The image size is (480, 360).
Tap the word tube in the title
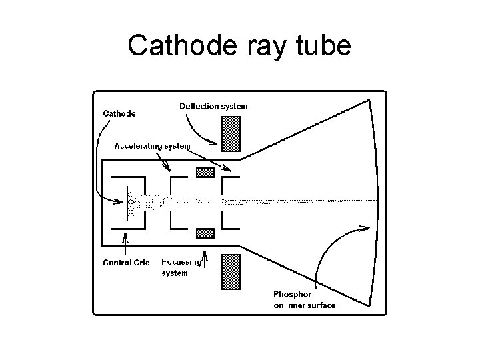(x=323, y=45)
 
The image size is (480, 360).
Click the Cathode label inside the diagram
(x=119, y=113)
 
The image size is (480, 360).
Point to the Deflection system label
(x=213, y=106)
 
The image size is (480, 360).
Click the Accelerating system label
(x=152, y=145)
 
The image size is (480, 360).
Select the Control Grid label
(x=126, y=262)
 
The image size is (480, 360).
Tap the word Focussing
(x=181, y=262)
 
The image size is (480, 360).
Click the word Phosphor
(x=293, y=294)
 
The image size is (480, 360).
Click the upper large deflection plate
(x=231, y=133)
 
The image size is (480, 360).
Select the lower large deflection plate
(x=231, y=271)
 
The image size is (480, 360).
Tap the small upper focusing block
(x=205, y=172)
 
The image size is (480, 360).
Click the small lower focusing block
(x=205, y=233)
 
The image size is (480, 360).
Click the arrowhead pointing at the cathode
(x=122, y=199)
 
